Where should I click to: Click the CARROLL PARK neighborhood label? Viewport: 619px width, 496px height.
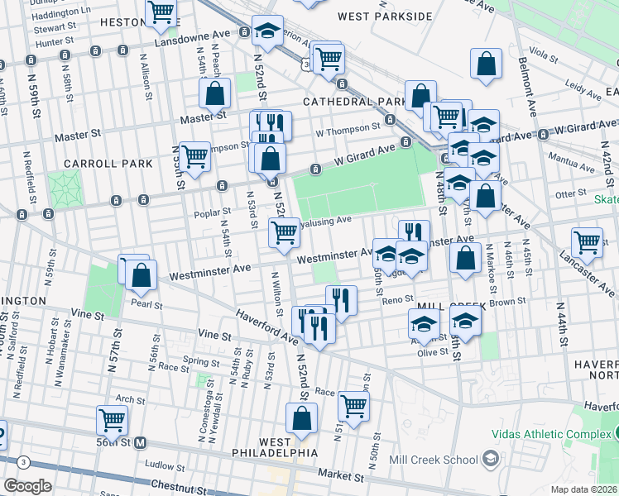[111, 164]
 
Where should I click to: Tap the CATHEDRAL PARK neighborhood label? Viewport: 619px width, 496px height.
[352, 102]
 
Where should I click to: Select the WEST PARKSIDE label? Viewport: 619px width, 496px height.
[385, 17]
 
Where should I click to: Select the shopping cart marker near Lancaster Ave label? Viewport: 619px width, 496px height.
[587, 242]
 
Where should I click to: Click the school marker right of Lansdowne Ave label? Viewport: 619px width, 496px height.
[266, 31]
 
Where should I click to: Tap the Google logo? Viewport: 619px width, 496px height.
[26, 486]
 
